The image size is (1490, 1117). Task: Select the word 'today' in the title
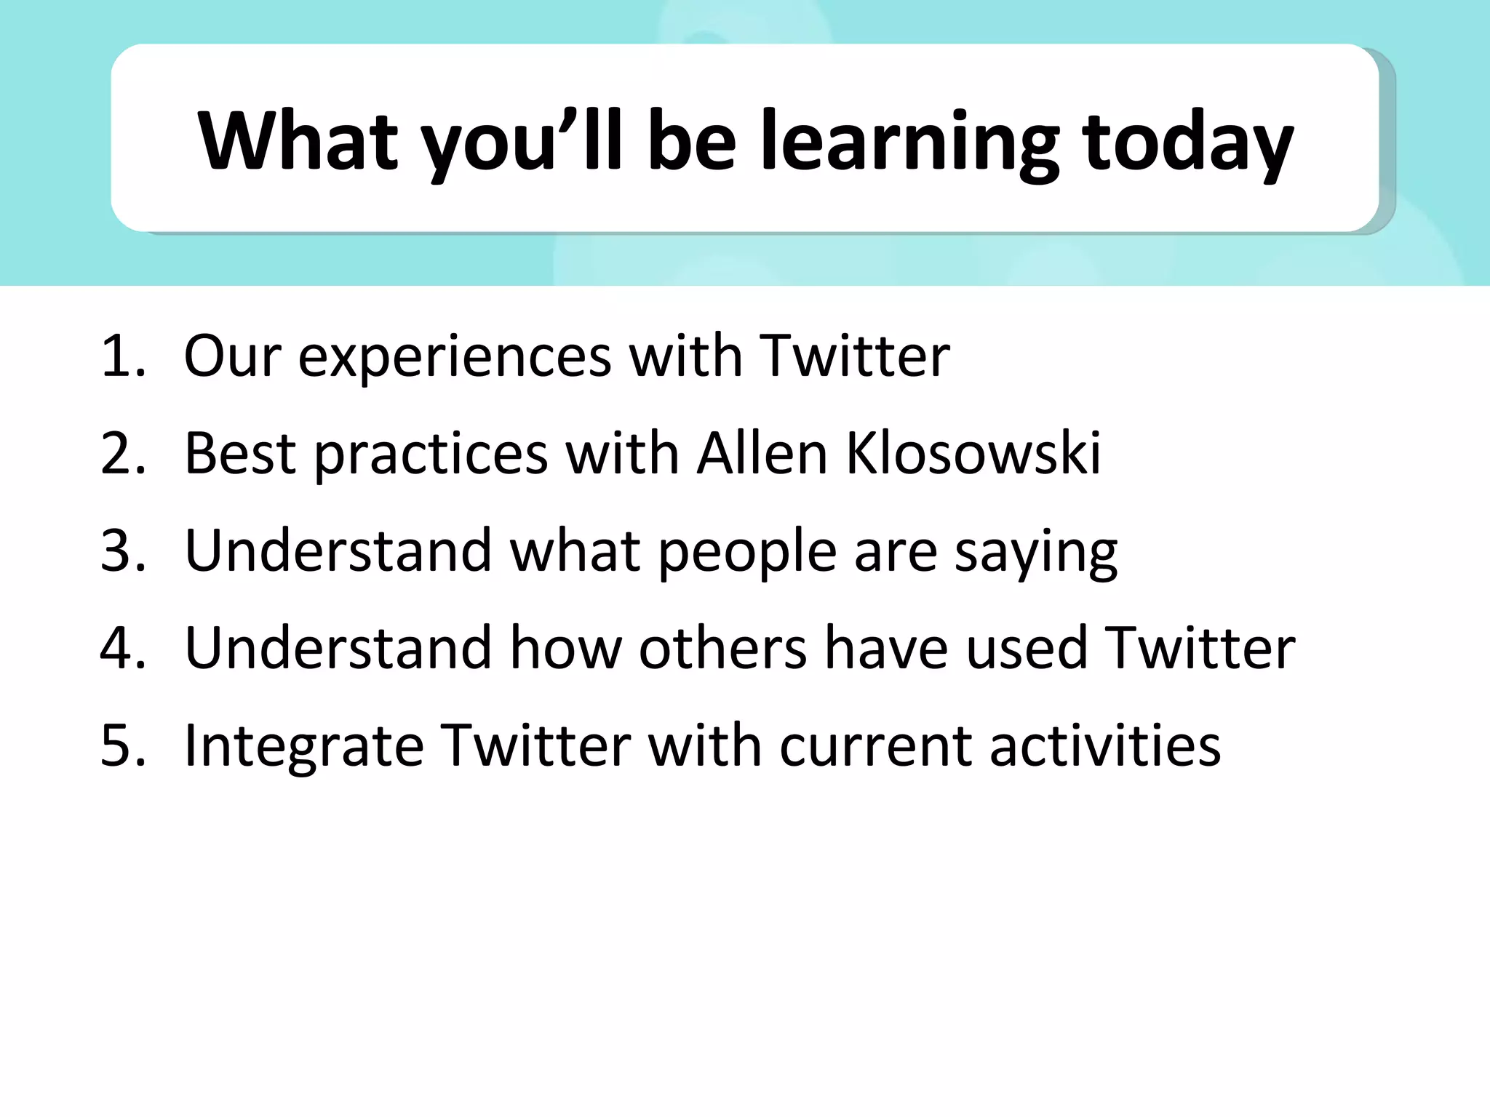(1187, 142)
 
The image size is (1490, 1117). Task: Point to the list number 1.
(122, 356)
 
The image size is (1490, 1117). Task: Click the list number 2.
(122, 454)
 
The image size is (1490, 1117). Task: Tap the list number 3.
(122, 551)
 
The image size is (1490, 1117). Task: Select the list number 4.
(122, 648)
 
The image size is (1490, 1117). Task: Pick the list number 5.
(122, 745)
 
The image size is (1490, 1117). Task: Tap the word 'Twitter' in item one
(854, 356)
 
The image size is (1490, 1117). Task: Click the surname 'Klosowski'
(973, 454)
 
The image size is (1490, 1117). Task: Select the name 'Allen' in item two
(762, 454)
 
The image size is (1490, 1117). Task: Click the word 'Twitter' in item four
(1200, 648)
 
